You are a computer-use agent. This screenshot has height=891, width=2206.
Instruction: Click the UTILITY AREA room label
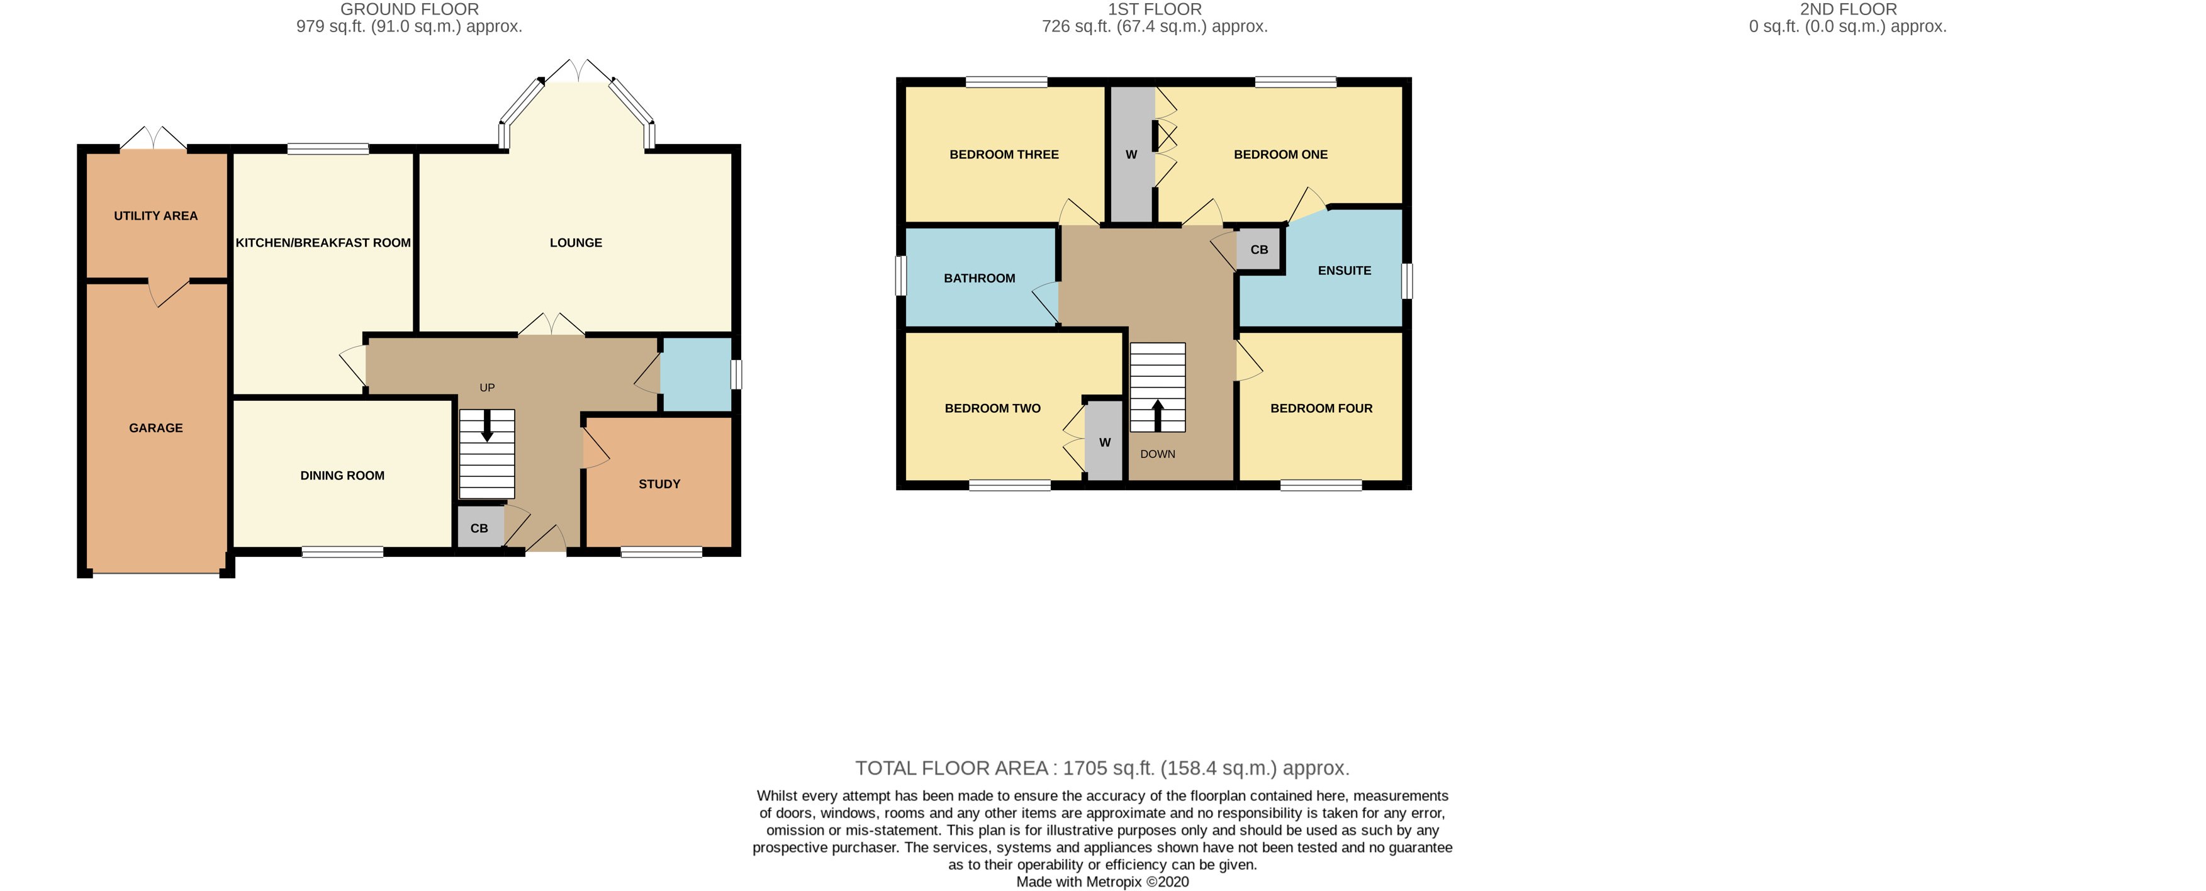tap(156, 216)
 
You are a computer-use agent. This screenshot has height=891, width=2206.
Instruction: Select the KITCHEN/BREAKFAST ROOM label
tap(323, 242)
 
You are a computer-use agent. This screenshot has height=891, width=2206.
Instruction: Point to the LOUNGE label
tap(576, 242)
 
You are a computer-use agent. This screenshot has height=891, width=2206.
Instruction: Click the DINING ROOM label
tap(342, 476)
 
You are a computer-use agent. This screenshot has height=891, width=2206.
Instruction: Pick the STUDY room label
tap(659, 484)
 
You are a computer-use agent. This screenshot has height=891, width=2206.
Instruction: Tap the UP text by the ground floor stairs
tap(487, 387)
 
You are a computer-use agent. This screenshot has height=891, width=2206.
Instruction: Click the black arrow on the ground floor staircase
tap(487, 426)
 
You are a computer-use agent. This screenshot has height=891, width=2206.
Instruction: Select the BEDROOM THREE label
tap(1004, 155)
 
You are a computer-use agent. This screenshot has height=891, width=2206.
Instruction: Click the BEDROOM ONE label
tap(1280, 155)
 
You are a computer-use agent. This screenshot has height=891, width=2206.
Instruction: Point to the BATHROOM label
tap(979, 278)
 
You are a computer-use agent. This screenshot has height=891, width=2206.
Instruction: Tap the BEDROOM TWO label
tap(992, 408)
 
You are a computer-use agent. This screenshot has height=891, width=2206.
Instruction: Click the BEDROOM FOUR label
tap(1321, 408)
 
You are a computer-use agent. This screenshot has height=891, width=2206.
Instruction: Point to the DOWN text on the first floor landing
tap(1157, 454)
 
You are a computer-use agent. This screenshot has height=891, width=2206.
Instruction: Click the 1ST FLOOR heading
tap(1155, 9)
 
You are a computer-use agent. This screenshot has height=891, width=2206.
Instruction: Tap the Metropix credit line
tap(1102, 882)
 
